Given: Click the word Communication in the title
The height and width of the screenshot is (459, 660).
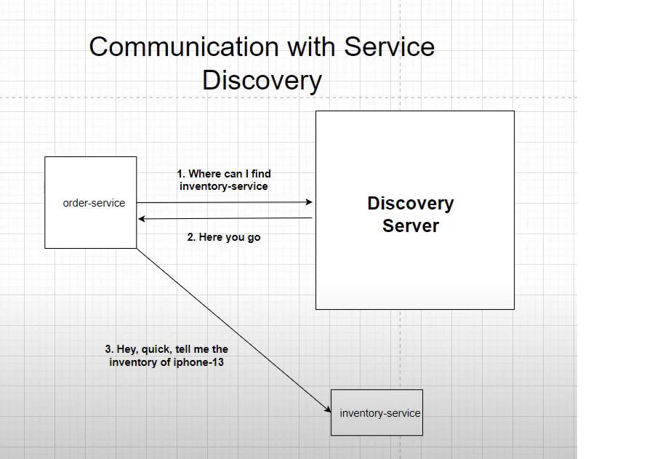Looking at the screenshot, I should pos(178,47).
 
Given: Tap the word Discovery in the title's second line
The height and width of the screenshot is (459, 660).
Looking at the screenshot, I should pos(262,80).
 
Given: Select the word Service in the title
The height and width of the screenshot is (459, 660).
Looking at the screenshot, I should pos(389,47).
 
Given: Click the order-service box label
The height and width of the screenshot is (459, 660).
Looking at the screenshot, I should pos(94,203).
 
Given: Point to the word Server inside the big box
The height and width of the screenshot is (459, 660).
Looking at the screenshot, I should pos(411,225).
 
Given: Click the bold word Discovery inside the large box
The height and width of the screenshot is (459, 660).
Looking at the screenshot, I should pos(411,203).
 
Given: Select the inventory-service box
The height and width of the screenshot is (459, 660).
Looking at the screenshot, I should pos(377,412).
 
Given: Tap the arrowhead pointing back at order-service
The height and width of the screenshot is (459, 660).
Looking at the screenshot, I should pos(142,218).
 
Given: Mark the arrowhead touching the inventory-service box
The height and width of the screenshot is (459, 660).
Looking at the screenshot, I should pos(328,410).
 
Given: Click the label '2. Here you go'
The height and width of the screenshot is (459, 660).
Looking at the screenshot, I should pos(224,237).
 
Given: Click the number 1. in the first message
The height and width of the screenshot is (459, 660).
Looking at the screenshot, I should pos(181,175).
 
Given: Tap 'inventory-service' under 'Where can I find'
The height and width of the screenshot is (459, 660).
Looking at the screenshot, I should pos(224,186).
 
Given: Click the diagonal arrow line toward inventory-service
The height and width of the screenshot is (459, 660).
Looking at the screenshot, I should pos(233,330).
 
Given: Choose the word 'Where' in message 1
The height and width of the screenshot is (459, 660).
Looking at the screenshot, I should pos(204,175).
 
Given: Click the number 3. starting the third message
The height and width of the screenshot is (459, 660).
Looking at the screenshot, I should pos(109,349).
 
